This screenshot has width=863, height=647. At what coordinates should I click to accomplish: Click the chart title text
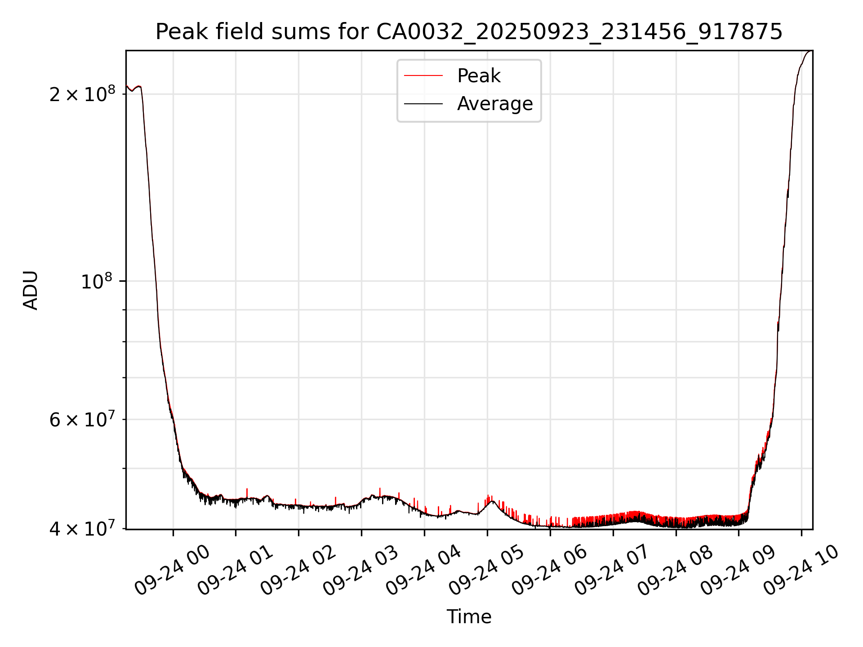469,32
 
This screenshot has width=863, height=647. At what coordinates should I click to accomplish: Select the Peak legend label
479,76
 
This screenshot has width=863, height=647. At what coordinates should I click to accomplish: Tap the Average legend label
495,104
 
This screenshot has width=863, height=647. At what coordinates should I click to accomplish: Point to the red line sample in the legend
423,76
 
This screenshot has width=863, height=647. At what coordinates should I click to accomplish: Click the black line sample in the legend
423,104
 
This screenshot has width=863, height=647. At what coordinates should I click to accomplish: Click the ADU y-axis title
31,290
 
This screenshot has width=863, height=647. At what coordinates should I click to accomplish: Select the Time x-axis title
469,616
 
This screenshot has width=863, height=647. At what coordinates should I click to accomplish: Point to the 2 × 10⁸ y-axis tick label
82,94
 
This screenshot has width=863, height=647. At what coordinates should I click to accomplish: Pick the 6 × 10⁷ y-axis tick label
82,420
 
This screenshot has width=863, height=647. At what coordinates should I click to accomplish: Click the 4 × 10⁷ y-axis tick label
82,529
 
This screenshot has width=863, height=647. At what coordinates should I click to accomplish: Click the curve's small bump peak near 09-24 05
493,501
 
